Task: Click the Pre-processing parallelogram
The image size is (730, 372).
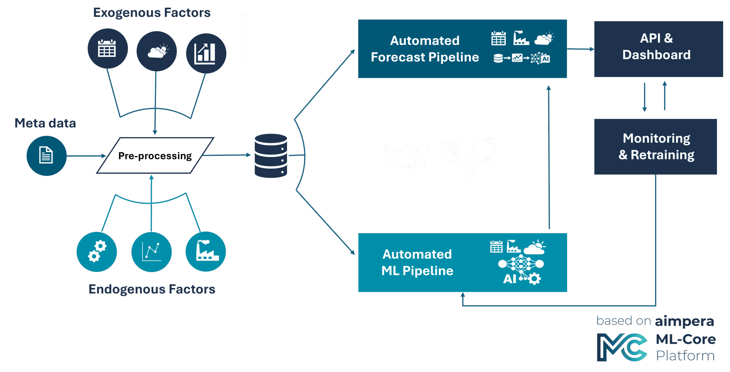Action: click(x=155, y=156)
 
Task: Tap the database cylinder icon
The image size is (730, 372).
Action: click(x=271, y=156)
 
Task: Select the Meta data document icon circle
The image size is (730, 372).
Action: click(x=46, y=156)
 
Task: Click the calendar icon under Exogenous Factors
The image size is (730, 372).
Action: click(x=107, y=48)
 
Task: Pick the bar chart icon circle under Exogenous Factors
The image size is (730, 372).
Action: click(x=206, y=54)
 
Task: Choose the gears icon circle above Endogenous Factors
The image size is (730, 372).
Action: click(x=97, y=252)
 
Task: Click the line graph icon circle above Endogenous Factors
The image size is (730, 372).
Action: click(x=151, y=252)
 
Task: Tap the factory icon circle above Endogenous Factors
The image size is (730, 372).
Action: click(x=206, y=251)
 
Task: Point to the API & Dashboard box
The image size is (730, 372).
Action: click(x=658, y=49)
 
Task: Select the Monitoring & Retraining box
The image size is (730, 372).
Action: click(x=655, y=147)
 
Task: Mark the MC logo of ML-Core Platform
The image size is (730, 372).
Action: click(x=622, y=348)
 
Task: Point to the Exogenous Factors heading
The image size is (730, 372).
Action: click(x=152, y=13)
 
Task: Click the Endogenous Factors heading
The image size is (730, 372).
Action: click(x=152, y=289)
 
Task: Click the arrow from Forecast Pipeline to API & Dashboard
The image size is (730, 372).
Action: click(x=581, y=49)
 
